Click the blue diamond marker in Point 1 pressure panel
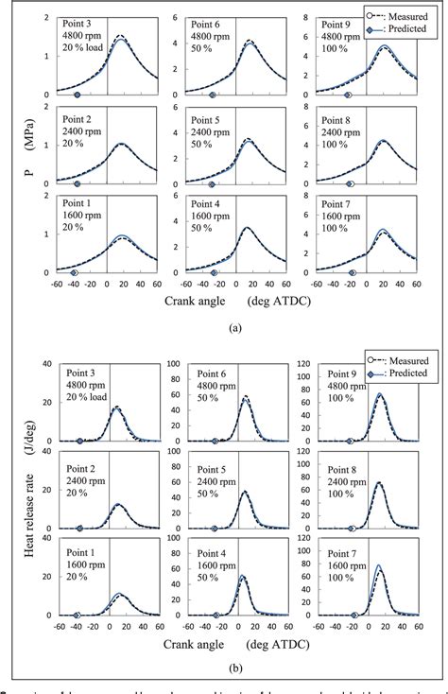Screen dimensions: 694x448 75,272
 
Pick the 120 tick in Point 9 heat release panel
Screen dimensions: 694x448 305,361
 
